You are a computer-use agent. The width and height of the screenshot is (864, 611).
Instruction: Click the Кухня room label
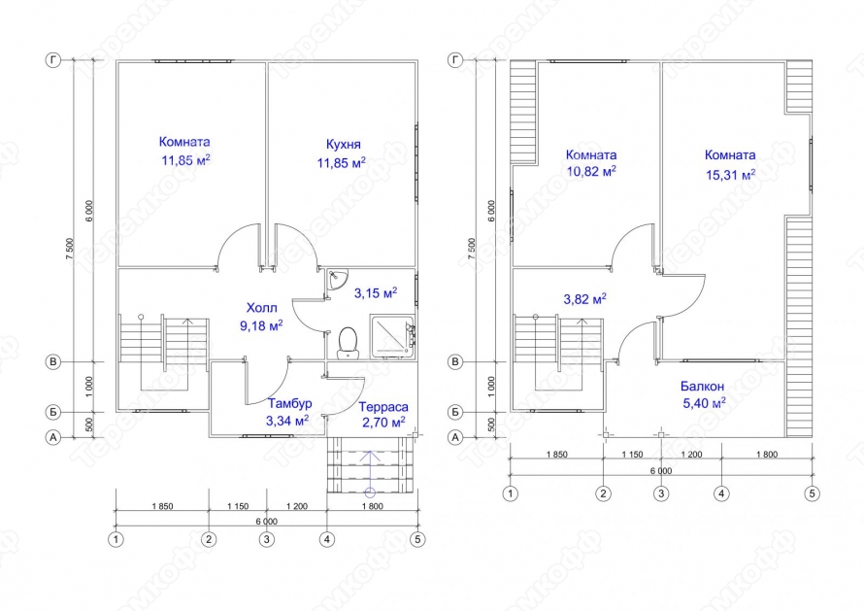click(x=344, y=145)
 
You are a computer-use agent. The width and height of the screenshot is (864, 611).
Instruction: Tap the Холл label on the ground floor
click(x=262, y=308)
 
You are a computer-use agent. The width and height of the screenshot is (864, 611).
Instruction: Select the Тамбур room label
click(x=290, y=403)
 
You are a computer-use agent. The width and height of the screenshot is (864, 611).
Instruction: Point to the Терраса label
click(x=384, y=407)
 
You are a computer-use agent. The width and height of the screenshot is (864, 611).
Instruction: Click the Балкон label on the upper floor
click(x=702, y=386)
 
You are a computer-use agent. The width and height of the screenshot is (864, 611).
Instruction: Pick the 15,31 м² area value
click(x=731, y=175)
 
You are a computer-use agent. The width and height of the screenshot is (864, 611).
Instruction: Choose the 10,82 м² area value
click(x=591, y=171)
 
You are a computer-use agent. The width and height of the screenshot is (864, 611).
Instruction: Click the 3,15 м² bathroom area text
click(x=376, y=292)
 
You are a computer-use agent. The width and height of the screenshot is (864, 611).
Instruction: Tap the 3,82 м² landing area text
click(x=584, y=299)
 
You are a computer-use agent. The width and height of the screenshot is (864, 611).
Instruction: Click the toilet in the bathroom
click(x=348, y=343)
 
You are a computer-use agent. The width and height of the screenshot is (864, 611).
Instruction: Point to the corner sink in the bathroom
click(x=334, y=279)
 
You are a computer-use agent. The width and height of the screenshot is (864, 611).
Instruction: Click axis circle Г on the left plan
click(x=52, y=60)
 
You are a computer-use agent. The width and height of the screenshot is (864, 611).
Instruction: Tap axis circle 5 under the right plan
click(x=812, y=493)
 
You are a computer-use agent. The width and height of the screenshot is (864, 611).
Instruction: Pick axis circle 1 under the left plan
click(x=116, y=539)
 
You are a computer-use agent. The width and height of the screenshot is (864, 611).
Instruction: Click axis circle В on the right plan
click(x=455, y=362)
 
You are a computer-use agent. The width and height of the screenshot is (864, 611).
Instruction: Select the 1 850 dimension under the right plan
click(x=556, y=455)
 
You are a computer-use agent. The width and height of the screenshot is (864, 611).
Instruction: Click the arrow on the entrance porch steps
click(x=370, y=473)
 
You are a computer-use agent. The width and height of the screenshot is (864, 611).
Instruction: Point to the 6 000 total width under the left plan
click(x=267, y=521)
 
